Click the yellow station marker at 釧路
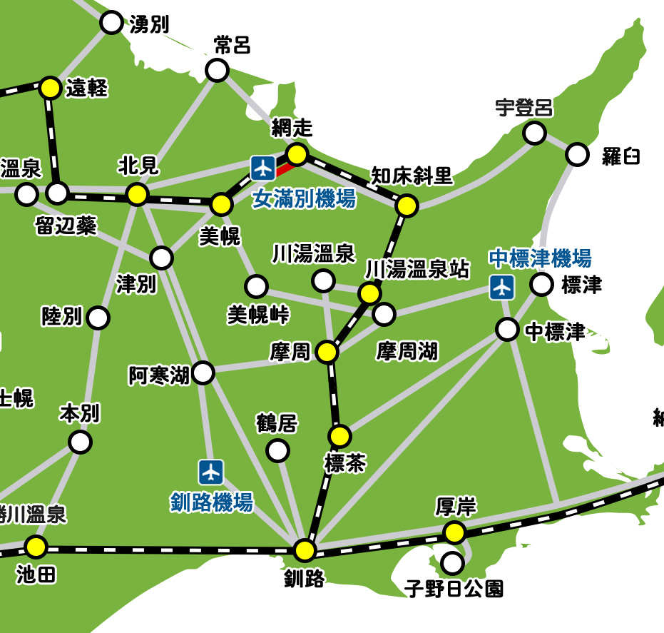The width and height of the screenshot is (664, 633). point(305,550)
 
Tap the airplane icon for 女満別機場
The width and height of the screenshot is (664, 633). point(263,168)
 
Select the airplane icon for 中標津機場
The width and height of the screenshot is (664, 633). point(502,287)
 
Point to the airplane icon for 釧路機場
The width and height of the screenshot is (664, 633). point(211,471)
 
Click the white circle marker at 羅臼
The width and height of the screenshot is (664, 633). point(577,154)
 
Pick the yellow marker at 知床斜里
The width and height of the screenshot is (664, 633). point(407,206)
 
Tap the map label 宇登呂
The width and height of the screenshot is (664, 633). point(524,108)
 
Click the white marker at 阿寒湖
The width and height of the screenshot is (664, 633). point(203,373)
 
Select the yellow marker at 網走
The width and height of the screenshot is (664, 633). point(297,154)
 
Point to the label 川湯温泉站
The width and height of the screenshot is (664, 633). point(417,269)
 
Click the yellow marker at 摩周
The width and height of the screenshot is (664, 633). point(327,352)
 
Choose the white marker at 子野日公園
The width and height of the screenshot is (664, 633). point(452,563)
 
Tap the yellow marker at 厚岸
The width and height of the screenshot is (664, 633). point(454,532)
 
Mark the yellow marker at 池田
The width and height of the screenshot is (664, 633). point(36,547)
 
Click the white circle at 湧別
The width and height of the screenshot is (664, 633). point(111,23)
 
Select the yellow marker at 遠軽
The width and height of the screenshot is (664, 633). point(50,88)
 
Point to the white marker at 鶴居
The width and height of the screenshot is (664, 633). point(277,450)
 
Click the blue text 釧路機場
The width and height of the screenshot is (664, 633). point(212,502)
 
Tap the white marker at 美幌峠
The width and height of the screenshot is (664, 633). point(256,287)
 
